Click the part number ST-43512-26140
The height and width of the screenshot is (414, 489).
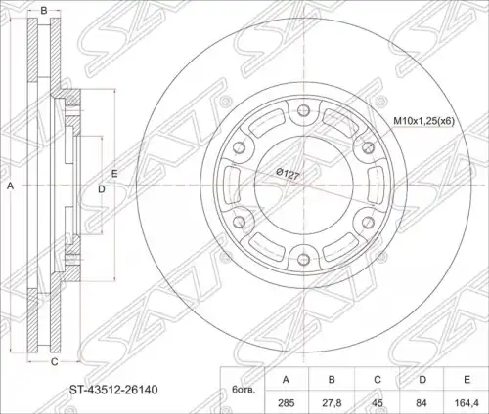click(x=113, y=390)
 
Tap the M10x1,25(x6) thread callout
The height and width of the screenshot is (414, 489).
click(x=424, y=121)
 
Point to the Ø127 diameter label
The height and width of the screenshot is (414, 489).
click(x=288, y=174)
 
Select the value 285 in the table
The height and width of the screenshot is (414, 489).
click(x=287, y=403)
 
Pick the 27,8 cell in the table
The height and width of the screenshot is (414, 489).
click(x=332, y=403)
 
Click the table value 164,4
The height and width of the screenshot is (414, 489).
click(x=467, y=403)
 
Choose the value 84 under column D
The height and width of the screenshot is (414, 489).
click(x=422, y=403)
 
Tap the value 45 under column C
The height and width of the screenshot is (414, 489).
click(x=378, y=403)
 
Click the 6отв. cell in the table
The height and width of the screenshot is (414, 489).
click(x=244, y=390)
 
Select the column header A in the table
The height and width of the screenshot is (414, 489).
click(x=286, y=380)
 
